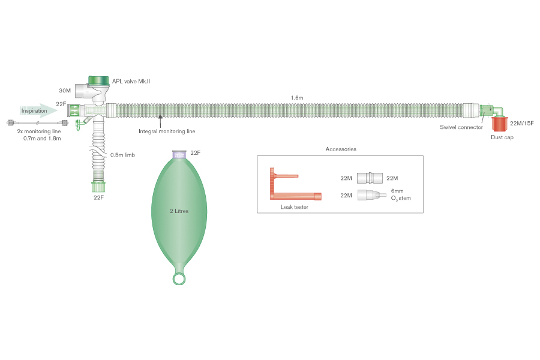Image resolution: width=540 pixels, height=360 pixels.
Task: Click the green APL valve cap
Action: (x=99, y=81)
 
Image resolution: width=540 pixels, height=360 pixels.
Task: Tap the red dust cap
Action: (x=499, y=124)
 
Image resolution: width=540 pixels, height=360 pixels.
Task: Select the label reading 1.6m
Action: (x=297, y=97)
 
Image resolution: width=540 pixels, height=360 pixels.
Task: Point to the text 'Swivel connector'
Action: (x=461, y=127)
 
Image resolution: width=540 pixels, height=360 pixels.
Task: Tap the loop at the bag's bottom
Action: (x=179, y=278)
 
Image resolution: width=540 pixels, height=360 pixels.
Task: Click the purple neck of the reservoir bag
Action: (x=179, y=155)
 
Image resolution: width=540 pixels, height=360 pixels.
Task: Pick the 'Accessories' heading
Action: (x=340, y=149)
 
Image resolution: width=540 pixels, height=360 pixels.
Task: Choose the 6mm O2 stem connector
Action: (x=370, y=195)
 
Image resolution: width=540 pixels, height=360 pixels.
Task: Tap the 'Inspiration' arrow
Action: (x=37, y=110)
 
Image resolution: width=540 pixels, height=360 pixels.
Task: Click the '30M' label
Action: (x=65, y=91)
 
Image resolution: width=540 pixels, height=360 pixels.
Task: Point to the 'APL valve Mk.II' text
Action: (x=131, y=80)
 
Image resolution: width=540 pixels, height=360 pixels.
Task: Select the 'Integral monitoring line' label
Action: (x=167, y=131)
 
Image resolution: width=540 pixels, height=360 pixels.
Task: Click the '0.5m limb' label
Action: (x=122, y=155)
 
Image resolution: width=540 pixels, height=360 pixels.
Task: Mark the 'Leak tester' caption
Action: (x=294, y=206)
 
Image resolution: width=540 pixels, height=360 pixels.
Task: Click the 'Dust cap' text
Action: (x=502, y=137)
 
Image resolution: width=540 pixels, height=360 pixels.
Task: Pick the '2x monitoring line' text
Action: (x=37, y=131)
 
